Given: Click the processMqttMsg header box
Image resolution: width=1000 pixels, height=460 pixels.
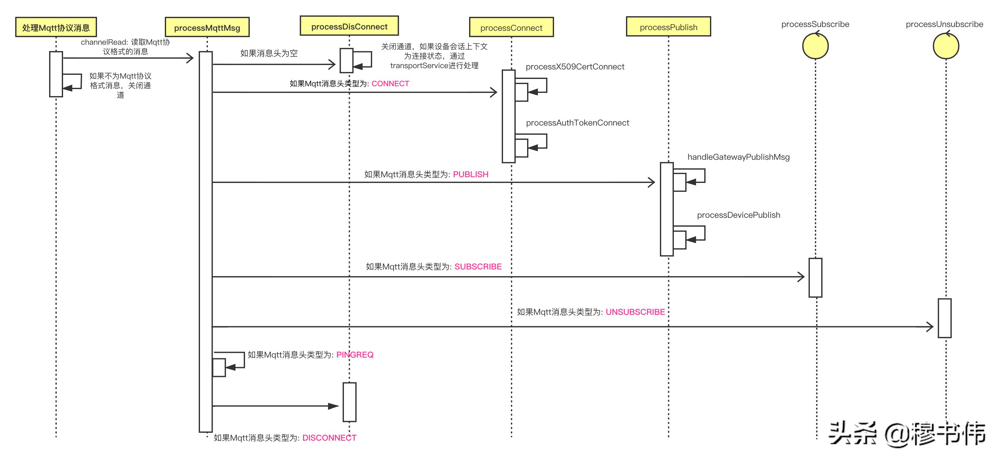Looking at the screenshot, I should tap(207, 27).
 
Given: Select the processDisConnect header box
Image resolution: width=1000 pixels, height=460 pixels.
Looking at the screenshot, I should tap(349, 26).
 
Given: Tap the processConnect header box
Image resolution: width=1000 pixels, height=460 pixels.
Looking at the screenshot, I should tap(511, 27).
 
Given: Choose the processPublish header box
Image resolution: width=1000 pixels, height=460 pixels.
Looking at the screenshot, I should tap(668, 27).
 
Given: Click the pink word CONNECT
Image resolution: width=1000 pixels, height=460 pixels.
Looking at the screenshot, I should tap(390, 83).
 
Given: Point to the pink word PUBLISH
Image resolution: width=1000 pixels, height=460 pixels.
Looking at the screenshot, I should tap(470, 174).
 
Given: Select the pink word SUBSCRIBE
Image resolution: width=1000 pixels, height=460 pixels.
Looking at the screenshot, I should tap(478, 267).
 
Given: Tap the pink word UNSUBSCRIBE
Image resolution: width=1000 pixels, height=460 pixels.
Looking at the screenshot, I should tap(635, 312).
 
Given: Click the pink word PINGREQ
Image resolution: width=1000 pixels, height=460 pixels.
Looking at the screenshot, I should tap(355, 355).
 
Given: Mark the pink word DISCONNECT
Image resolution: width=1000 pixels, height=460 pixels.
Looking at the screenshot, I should tap(329, 438).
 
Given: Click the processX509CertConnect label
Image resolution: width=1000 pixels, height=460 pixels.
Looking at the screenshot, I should tap(575, 67).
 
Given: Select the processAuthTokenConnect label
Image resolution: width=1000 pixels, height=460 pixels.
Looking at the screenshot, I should tap(577, 123).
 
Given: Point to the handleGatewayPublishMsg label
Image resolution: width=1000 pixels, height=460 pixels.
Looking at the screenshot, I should tap(739, 157).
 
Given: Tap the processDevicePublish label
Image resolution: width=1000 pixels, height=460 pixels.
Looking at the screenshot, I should tap(739, 215).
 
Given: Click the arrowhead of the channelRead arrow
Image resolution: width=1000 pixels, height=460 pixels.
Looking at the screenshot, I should tap(190, 58).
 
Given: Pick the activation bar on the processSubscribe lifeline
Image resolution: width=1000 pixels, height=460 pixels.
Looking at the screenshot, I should tap(815, 277).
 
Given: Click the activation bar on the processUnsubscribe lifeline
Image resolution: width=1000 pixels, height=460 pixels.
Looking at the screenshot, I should tap(944, 318).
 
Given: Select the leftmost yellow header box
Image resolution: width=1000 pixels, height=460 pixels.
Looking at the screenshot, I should tap(56, 27).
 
